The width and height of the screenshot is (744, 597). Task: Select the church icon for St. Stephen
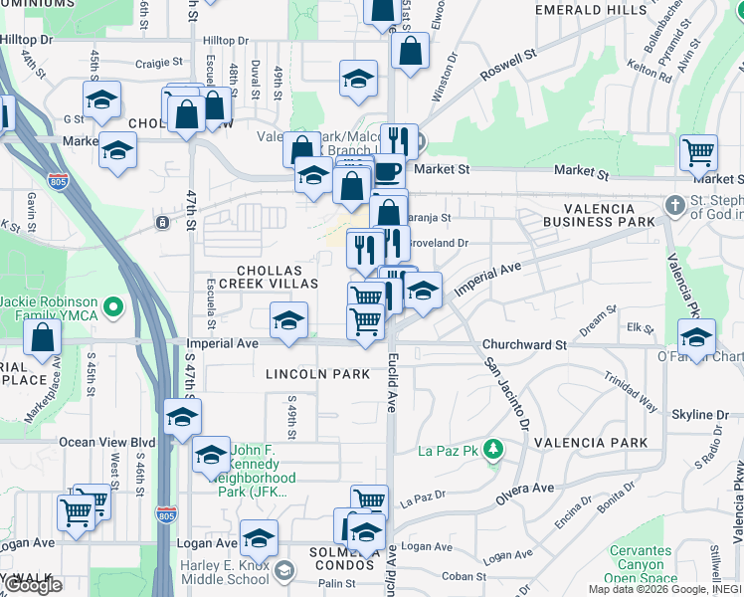675,205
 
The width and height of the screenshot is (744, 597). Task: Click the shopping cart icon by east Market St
699,153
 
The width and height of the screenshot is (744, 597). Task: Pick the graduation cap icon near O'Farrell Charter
697,337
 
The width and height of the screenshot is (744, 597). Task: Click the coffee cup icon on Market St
387,172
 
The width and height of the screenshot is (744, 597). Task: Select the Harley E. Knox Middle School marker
284,570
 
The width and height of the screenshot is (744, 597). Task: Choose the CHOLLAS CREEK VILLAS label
277,277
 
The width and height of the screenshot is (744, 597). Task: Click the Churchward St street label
524,345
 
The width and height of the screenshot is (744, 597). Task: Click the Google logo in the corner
34,585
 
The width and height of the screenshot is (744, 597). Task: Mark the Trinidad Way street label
631,392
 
